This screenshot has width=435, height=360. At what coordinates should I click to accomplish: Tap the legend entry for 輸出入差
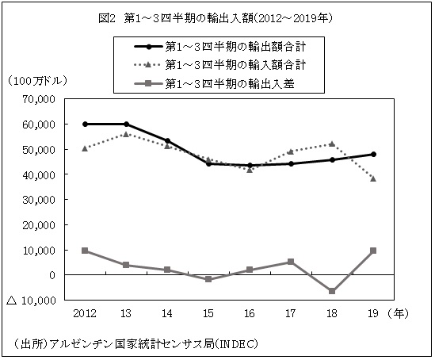click(x=230, y=82)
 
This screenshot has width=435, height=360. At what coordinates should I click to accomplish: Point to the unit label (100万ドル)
click(x=36, y=82)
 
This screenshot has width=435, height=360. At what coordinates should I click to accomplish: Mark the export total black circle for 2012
click(x=86, y=124)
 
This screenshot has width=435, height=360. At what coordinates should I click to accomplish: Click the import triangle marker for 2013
click(x=127, y=134)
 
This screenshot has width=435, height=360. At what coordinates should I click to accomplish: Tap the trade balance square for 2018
click(x=332, y=291)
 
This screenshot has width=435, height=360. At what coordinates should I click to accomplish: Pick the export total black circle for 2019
click(x=373, y=155)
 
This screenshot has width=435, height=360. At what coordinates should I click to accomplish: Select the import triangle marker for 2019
click(x=373, y=178)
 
